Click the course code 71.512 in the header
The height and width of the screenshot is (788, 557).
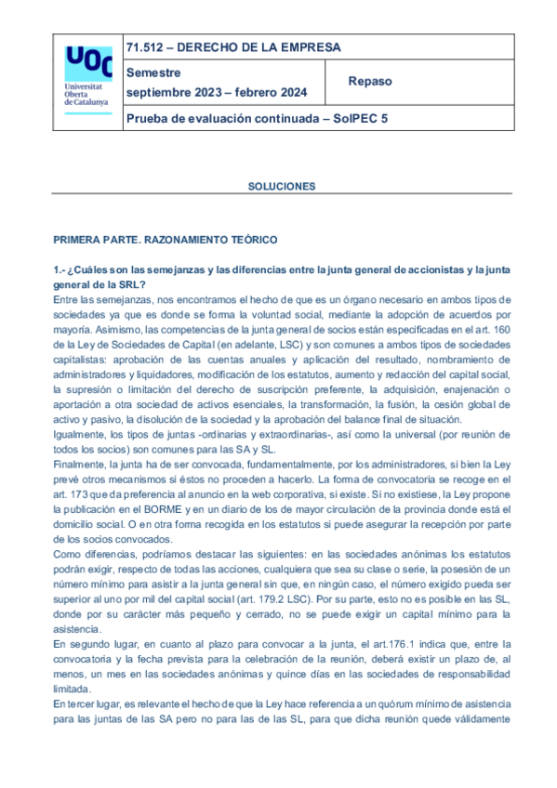click(144, 47)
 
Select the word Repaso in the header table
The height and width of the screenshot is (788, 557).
click(370, 82)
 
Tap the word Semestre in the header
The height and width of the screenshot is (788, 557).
click(154, 72)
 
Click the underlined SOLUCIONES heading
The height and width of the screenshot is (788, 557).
click(282, 186)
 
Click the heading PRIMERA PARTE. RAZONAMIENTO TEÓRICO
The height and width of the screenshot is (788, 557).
click(165, 240)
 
